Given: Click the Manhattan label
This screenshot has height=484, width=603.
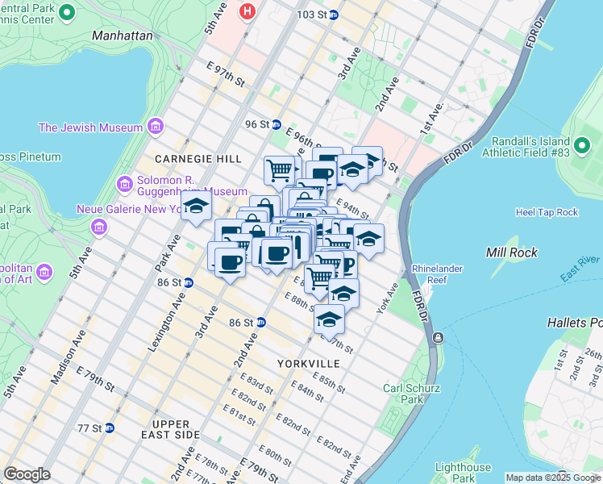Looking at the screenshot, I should (x=122, y=35).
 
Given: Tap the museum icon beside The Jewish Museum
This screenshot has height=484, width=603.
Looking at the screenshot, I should (x=156, y=127).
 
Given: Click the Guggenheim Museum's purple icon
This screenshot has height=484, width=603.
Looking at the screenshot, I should (x=124, y=185).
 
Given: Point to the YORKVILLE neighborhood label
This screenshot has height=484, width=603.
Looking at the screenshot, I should (x=308, y=364).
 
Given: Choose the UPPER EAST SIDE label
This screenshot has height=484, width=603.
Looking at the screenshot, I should (x=171, y=429).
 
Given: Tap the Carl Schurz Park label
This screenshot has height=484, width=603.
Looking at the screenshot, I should (x=411, y=394).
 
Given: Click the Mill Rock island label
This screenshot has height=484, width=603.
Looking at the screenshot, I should (x=506, y=252).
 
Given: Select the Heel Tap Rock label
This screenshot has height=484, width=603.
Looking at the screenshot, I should (x=547, y=212).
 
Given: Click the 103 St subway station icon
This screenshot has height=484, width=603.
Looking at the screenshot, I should (x=333, y=15).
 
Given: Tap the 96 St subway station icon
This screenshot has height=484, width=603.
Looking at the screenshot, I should (x=276, y=125).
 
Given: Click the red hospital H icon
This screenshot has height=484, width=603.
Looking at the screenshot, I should (x=248, y=12).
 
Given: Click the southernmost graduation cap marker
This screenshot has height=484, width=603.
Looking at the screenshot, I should (x=329, y=320).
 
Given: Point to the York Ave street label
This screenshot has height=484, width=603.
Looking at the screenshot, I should (x=387, y=299).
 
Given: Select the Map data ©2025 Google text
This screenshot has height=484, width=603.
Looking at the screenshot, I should (x=553, y=478).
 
